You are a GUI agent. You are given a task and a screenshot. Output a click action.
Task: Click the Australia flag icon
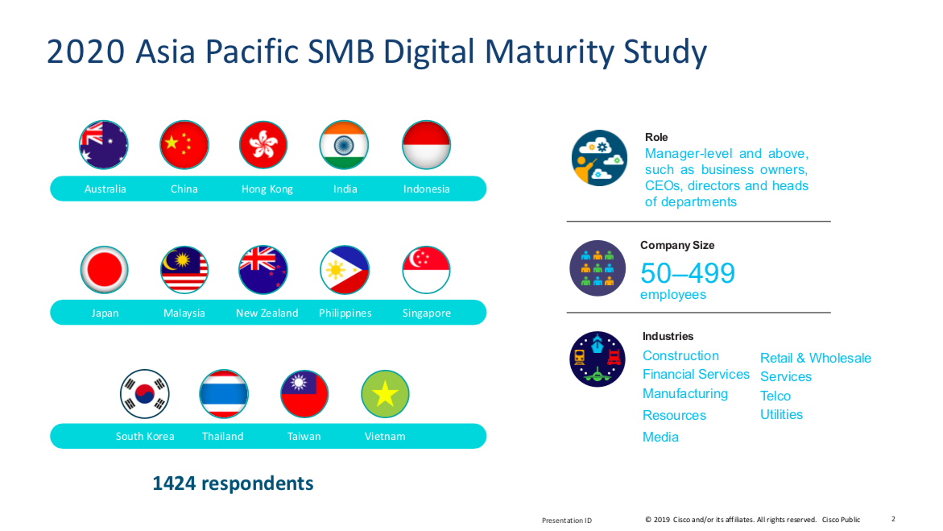tap(103, 144)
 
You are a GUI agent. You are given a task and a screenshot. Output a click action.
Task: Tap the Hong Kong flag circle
tap(263, 144)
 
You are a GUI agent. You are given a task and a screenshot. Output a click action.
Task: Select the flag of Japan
tap(104, 270)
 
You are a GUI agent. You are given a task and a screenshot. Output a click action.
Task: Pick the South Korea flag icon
tap(144, 394)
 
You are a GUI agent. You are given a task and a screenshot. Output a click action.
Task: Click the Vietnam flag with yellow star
tap(385, 394)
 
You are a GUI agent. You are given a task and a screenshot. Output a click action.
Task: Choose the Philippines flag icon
tap(345, 270)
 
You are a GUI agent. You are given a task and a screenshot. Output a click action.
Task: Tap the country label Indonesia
tap(426, 189)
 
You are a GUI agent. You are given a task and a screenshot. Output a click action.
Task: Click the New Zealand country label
tap(267, 313)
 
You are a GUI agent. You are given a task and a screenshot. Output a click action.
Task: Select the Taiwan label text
tap(304, 437)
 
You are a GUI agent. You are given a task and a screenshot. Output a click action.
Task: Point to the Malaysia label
tap(184, 313)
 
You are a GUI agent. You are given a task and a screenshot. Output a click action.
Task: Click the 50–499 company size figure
tap(688, 273)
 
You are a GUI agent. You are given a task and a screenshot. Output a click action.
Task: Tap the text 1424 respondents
tap(233, 483)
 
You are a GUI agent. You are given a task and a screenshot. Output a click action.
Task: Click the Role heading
tap(656, 137)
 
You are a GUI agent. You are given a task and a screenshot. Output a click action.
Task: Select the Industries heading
tap(668, 336)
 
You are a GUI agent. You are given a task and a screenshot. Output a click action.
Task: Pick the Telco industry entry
tap(775, 396)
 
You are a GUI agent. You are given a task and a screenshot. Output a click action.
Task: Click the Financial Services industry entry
tap(696, 374)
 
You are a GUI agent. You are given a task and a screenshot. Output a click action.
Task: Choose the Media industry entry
tap(660, 437)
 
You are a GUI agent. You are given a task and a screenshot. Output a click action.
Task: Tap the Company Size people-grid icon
tap(598, 268)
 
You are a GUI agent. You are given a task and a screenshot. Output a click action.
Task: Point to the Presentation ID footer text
tap(566, 521)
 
